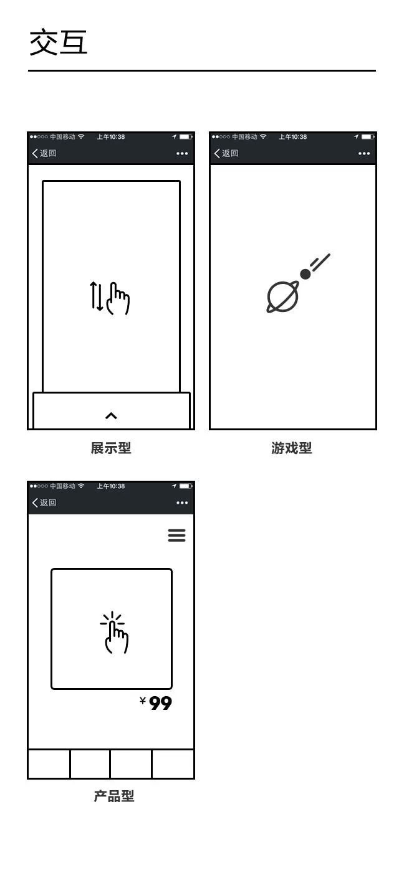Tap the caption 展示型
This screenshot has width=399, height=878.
click(x=111, y=448)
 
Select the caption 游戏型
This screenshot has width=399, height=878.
click(x=292, y=448)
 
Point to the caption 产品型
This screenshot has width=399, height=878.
click(x=114, y=796)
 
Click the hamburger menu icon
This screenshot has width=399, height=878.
click(x=177, y=536)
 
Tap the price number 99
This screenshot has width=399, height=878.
click(x=161, y=704)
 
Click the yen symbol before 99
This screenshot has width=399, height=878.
click(x=143, y=701)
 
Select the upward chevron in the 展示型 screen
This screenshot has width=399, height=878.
click(x=111, y=416)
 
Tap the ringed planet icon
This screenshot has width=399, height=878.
click(x=282, y=296)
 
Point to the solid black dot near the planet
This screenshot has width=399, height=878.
click(x=305, y=273)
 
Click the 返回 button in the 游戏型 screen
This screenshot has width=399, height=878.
click(x=226, y=153)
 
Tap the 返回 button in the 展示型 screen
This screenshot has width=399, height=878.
click(x=44, y=153)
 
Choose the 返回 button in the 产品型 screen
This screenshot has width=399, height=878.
click(x=44, y=503)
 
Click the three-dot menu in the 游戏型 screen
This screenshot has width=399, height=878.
click(x=364, y=154)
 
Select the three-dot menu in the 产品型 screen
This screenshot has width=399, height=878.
click(x=182, y=503)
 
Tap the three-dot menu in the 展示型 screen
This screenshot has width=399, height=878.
click(x=182, y=154)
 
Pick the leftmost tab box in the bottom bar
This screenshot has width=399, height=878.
click(x=49, y=764)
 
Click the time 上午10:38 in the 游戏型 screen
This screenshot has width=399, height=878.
click(x=292, y=137)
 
